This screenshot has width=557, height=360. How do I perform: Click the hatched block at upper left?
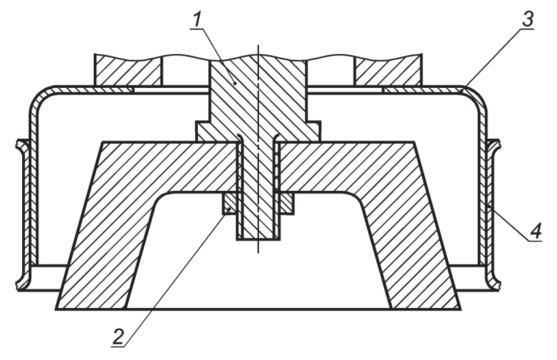click(x=128, y=70)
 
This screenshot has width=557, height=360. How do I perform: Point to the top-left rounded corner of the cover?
click(x=40, y=98)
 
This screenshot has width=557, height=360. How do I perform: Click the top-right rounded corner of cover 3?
click(x=477, y=98)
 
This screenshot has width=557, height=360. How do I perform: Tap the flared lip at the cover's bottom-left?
click(x=23, y=280)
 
